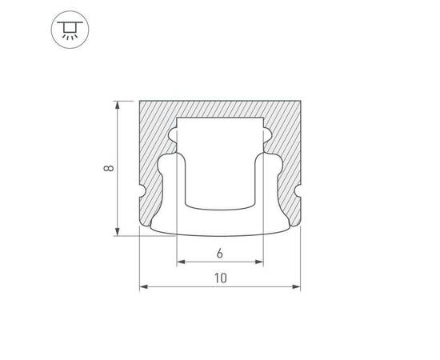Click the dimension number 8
tap(108, 168)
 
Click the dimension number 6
tap(220, 254)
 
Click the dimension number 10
tap(221, 278)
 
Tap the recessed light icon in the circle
tap(70, 30)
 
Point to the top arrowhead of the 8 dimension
tap(118, 104)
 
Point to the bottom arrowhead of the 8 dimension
tap(118, 232)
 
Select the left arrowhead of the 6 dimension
tap(181, 262)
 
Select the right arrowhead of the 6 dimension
tap(259, 262)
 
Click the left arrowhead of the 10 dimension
tap(144, 286)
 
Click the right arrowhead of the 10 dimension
tap(296, 286)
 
